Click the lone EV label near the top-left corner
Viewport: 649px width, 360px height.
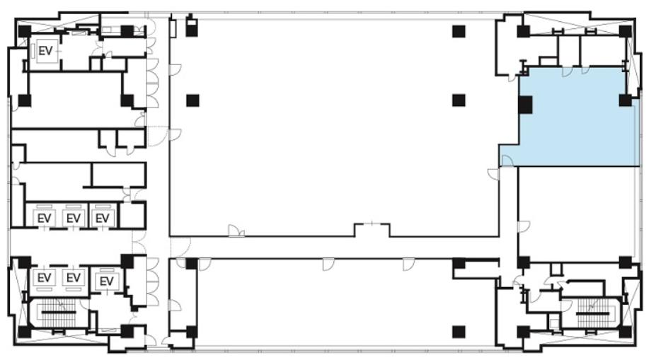[45, 51]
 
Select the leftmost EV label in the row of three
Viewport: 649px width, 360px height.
[45, 218]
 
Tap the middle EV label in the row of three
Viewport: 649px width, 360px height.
[74, 218]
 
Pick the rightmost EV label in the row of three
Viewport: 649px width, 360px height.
[102, 218]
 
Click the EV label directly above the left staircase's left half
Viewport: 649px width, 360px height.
[45, 277]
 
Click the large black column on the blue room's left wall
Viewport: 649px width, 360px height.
[525, 104]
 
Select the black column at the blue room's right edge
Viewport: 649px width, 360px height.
[626, 100]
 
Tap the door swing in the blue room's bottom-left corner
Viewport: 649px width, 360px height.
[507, 161]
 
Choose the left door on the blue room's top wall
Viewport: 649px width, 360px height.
[567, 71]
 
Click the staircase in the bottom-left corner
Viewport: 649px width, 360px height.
[58, 313]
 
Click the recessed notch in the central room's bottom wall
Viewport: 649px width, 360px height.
[372, 230]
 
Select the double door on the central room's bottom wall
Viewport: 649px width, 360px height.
[236, 231]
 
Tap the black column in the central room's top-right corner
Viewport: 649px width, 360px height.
[459, 31]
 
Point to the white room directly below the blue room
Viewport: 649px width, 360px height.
[576, 214]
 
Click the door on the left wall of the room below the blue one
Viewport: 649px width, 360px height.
[524, 226]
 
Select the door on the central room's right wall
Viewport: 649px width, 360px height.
[493, 174]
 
